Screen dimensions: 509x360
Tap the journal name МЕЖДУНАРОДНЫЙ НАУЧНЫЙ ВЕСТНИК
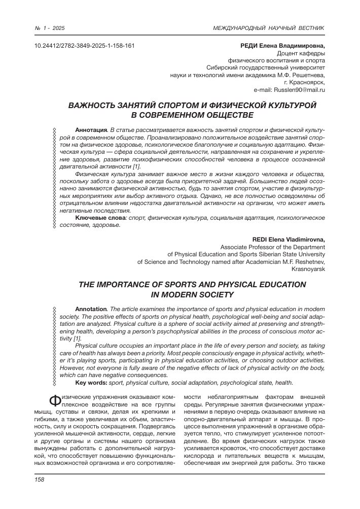269,27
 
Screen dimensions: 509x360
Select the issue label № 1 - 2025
50,27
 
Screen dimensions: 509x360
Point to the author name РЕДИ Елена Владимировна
282,46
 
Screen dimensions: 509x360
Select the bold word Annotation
91,309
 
